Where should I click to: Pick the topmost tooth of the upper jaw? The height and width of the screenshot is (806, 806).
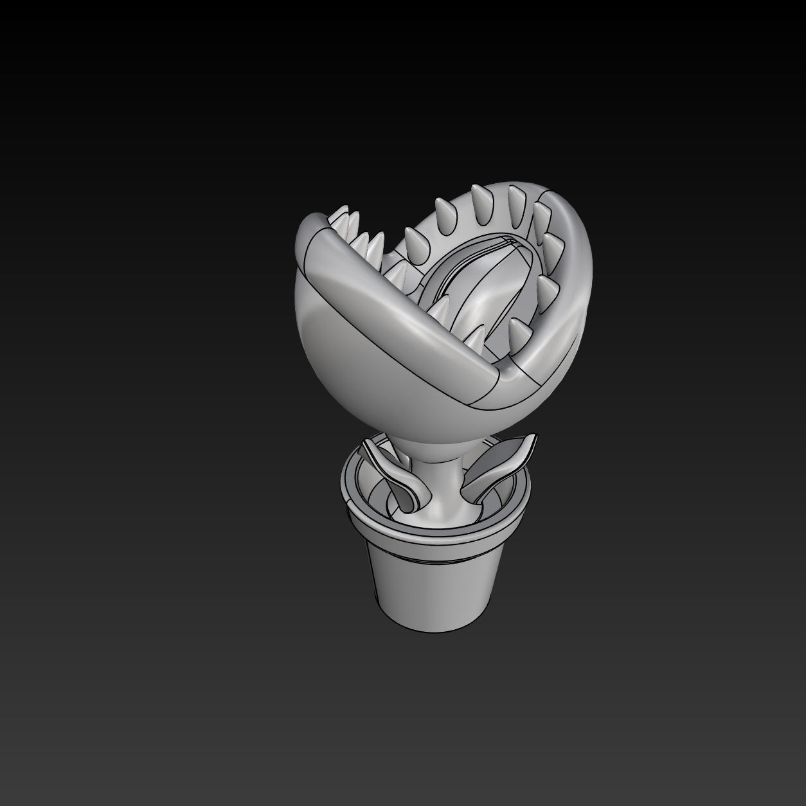tap(478, 196)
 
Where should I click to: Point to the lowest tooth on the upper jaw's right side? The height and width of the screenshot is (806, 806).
tap(517, 331)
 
